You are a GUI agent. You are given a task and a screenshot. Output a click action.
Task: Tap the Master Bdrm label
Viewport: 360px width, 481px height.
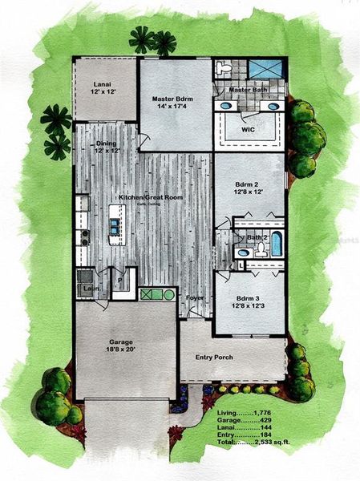point(174,99)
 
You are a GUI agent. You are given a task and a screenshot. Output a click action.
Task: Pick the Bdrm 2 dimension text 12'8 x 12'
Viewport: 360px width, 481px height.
point(249,191)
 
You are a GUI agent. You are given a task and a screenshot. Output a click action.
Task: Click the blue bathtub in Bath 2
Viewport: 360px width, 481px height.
point(276,244)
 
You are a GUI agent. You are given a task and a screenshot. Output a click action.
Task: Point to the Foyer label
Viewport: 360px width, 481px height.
point(195,297)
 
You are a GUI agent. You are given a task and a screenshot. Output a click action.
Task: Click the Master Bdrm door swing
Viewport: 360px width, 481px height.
point(144,142)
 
